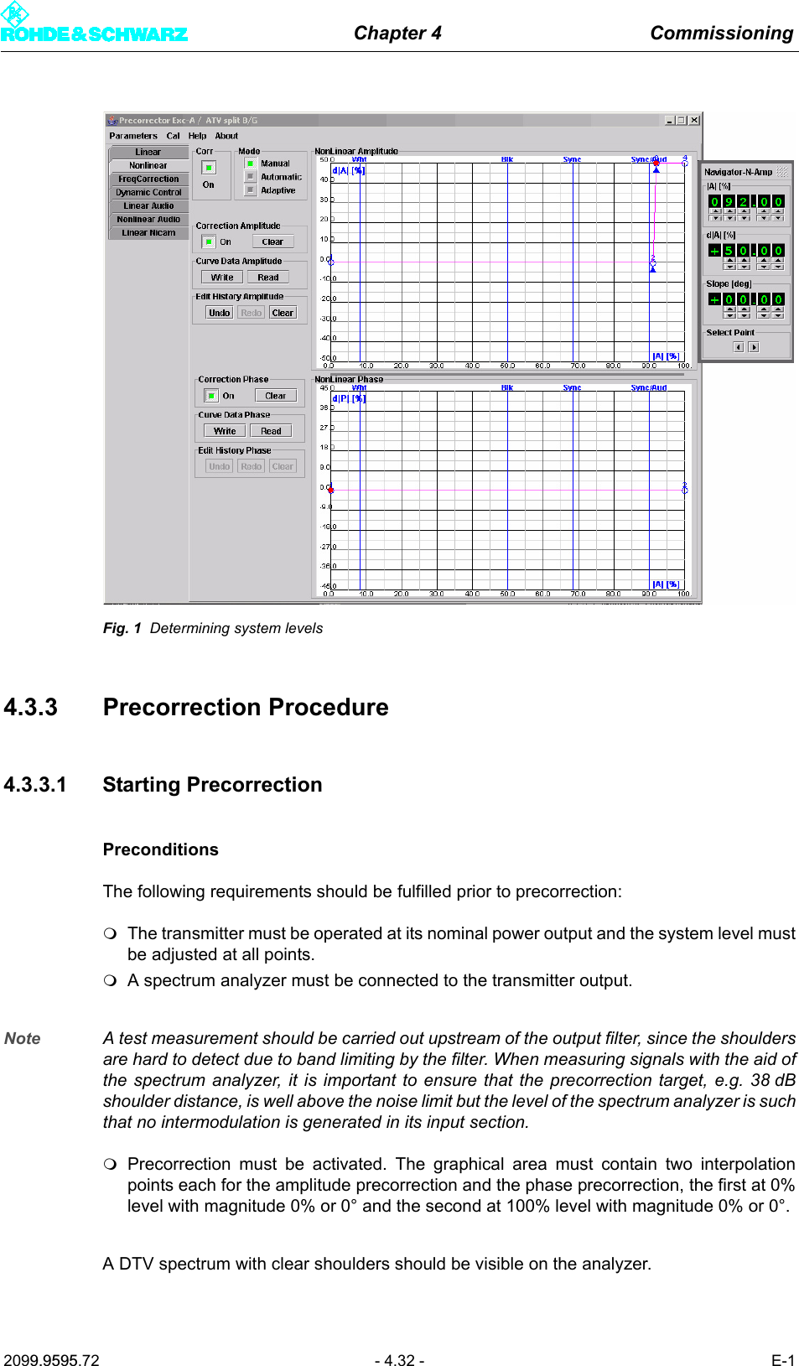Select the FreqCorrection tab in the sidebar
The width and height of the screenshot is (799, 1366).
point(148,179)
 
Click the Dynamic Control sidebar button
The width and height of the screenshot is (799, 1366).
point(148,192)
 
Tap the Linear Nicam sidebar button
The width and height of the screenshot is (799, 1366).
point(148,232)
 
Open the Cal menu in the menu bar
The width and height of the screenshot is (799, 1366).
point(173,135)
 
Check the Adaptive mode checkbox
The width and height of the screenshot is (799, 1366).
point(251,190)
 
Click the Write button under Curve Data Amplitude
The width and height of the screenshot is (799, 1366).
point(222,277)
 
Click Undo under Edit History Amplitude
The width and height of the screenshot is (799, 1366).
point(219,313)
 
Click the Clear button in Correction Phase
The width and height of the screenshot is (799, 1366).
point(275,395)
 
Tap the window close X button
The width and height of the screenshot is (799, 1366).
point(694,120)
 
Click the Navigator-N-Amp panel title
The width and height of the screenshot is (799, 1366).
point(738,172)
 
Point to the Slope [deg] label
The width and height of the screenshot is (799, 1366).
point(728,283)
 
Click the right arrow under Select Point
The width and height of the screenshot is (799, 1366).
point(754,347)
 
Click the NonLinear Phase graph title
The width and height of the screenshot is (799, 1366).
point(349,379)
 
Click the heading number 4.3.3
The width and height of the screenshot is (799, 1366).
point(30,707)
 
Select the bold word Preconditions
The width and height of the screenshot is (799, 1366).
point(160,849)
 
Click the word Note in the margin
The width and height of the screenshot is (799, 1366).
point(23,1038)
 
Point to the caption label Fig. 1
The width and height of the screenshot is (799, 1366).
point(122,628)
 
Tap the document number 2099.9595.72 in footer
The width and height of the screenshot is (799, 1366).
point(51,1360)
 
